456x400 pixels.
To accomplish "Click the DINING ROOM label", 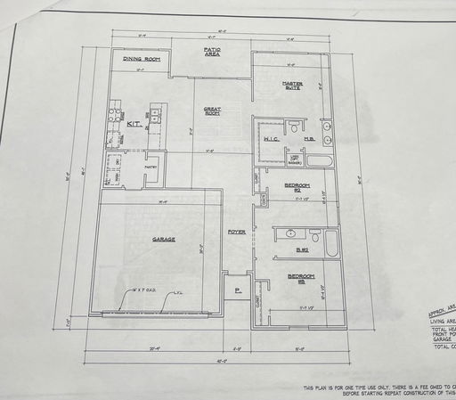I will click(142, 60).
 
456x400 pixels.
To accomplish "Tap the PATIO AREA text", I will click(212, 53).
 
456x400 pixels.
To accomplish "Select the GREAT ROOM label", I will click(212, 110).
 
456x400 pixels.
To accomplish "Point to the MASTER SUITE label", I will click(293, 86).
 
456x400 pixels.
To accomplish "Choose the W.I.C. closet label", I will click(273, 140).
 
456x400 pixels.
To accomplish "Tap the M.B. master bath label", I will click(308, 139).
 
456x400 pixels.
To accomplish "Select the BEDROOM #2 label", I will click(296, 187).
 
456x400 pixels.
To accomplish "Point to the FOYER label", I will click(236, 232).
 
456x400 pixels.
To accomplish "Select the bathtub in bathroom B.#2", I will click(331, 243).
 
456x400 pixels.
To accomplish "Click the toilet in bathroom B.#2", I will click(313, 236).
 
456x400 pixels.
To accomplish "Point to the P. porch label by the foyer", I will click(238, 291).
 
